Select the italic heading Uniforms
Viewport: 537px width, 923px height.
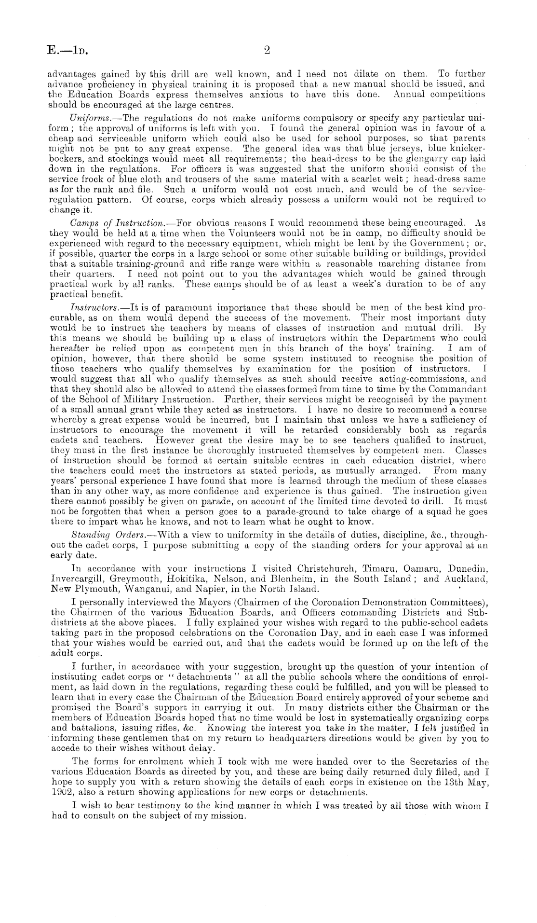[86, 118]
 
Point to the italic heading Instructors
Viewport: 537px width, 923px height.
[90, 307]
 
